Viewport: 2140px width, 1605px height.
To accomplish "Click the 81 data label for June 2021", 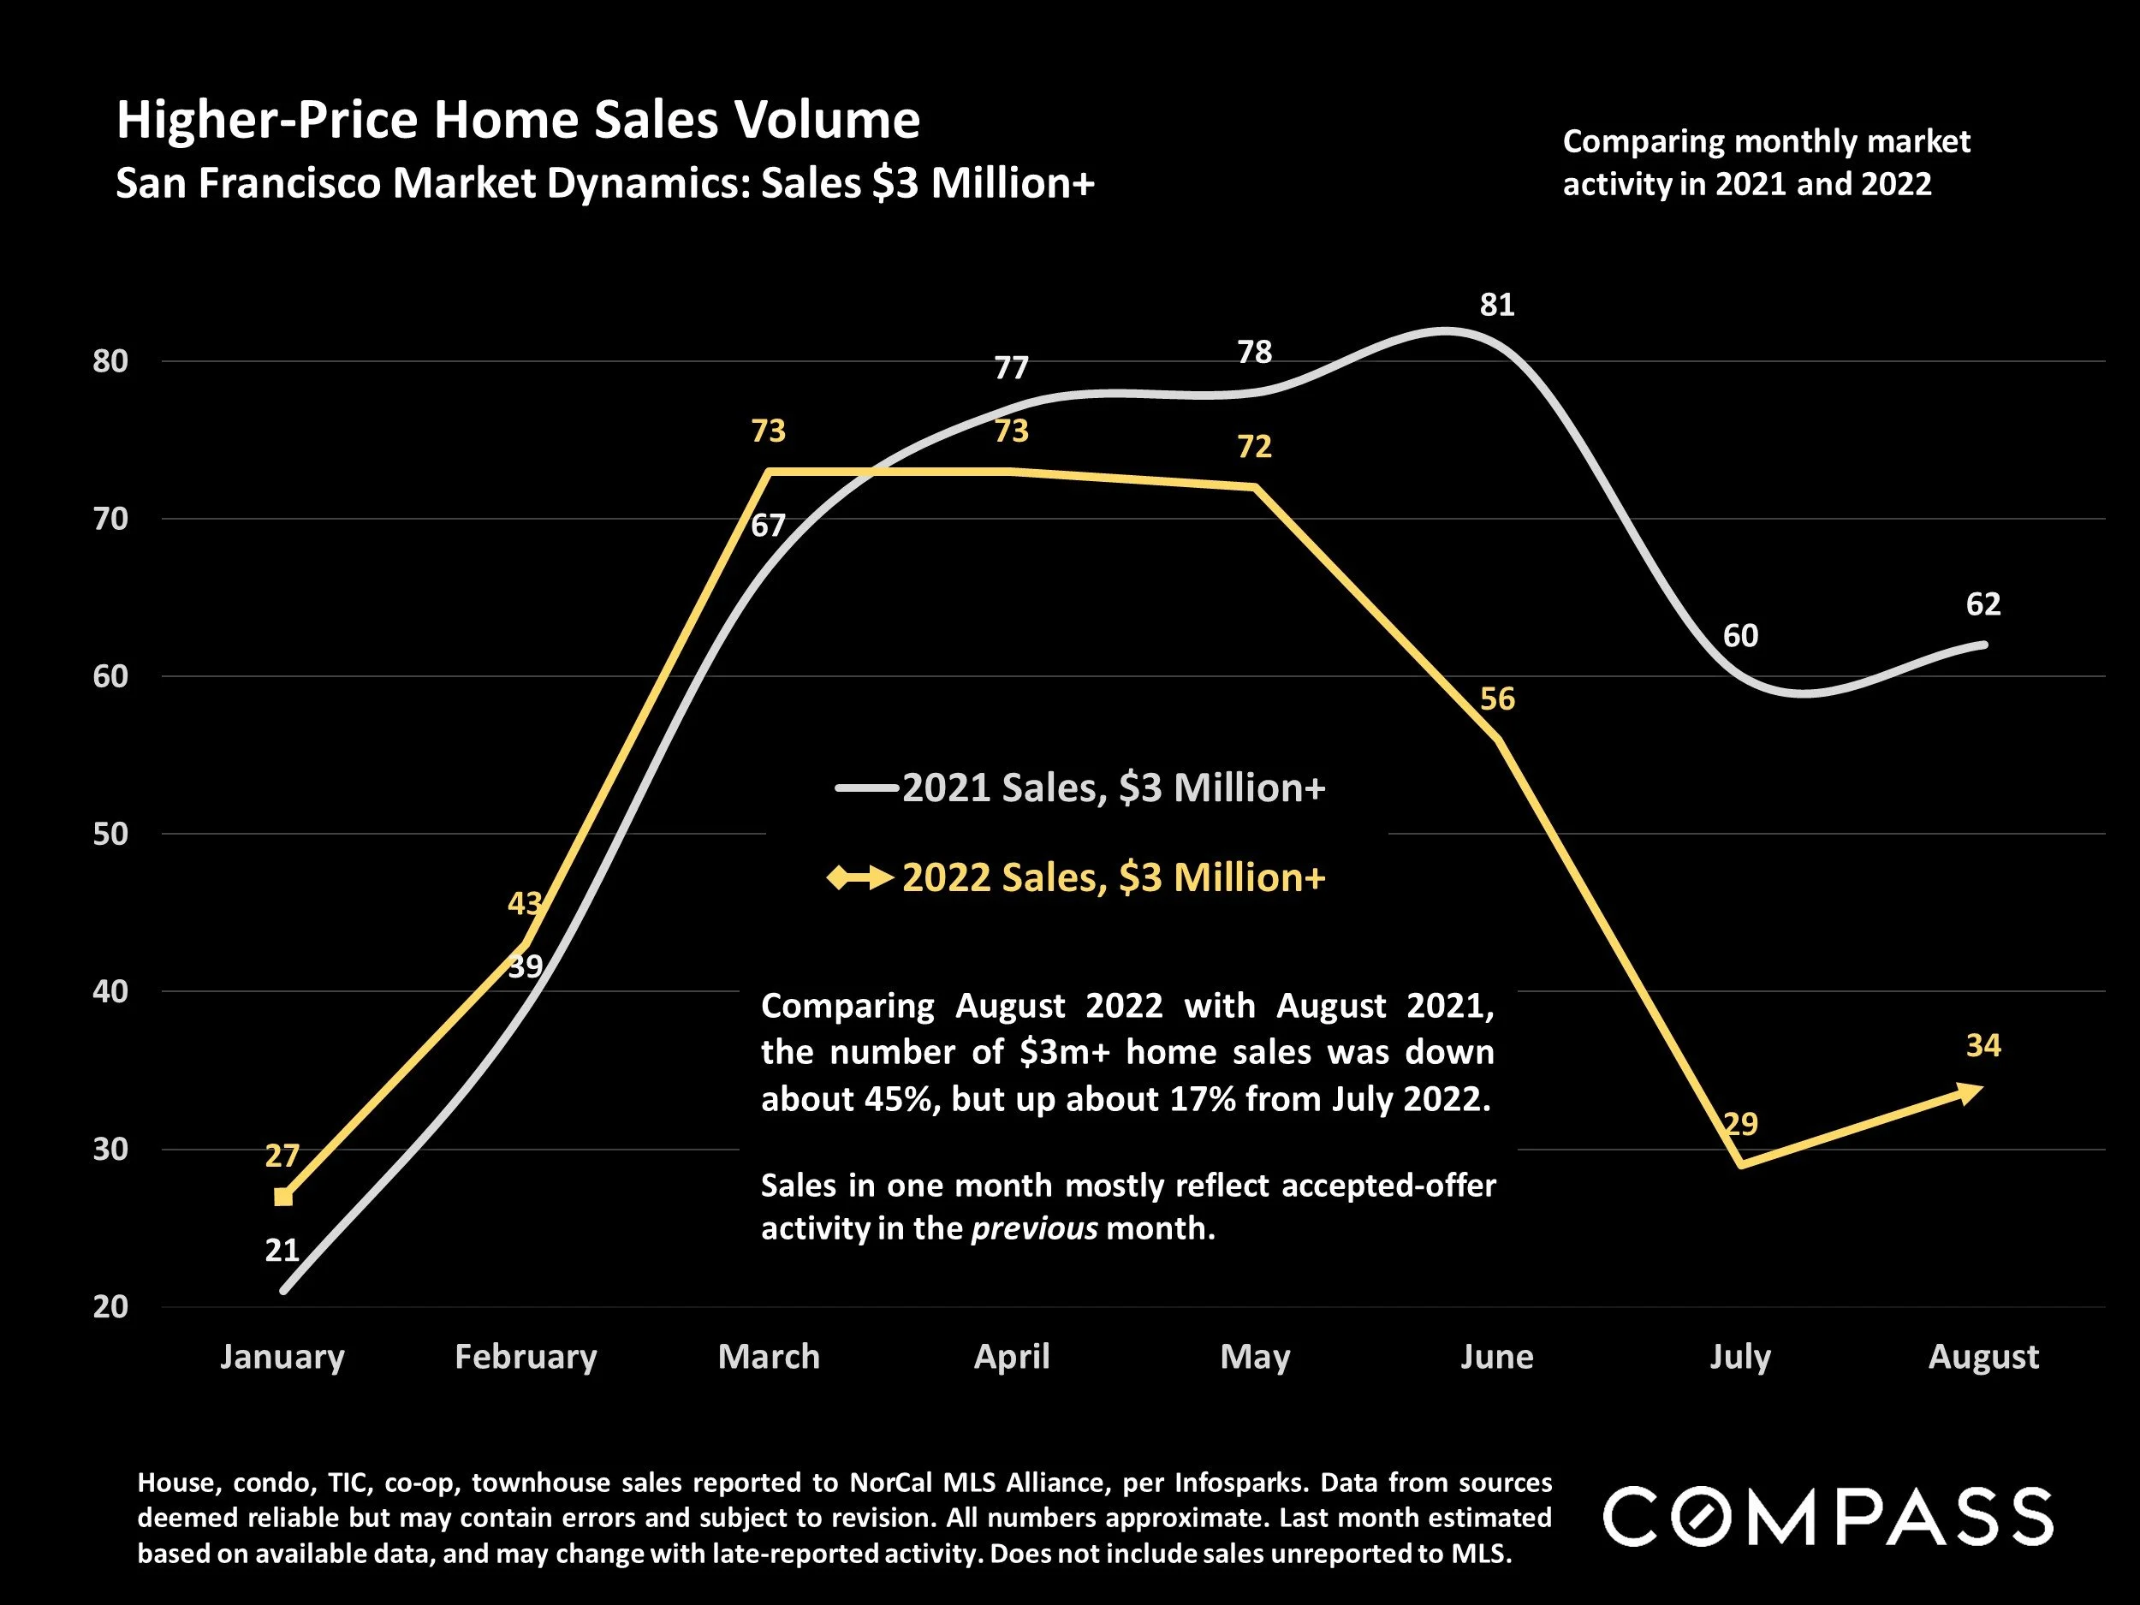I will tap(1496, 305).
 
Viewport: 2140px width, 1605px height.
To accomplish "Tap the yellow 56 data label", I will tap(1496, 698).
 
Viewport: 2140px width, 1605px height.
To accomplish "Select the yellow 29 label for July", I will tap(1740, 1123).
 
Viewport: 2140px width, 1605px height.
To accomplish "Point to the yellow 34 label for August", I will tap(1982, 1045).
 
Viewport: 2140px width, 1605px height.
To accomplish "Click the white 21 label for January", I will tap(282, 1250).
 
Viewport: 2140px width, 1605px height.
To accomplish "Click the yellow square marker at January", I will tap(282, 1197).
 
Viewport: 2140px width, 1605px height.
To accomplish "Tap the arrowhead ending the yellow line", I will tap(1970, 1092).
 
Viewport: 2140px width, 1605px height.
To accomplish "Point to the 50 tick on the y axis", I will tap(110, 834).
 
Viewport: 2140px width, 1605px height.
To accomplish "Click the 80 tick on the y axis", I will tap(110, 361).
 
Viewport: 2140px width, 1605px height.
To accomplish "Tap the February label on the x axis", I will tap(526, 1357).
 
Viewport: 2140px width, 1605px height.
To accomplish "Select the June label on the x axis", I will tap(1496, 1357).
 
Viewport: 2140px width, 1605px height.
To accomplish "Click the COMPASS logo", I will tap(1828, 1516).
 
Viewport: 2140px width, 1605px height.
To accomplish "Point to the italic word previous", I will tap(1034, 1228).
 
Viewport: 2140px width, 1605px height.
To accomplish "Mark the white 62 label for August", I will tap(1982, 603).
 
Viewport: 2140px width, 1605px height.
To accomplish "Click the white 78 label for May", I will tap(1255, 351).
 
